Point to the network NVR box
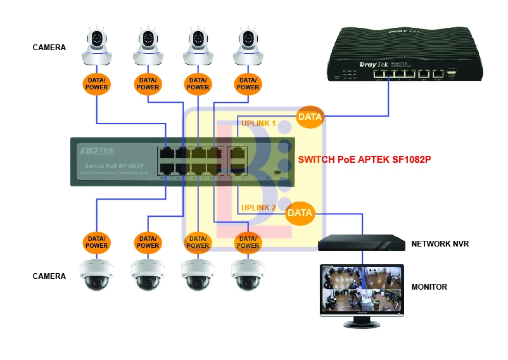(362, 242)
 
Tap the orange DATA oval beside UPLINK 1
(310, 117)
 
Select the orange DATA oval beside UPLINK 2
(300, 213)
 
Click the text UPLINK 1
(259, 124)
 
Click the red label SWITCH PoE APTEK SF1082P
(364, 159)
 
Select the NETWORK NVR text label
(440, 243)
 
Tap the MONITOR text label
(429, 287)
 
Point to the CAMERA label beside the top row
(49, 47)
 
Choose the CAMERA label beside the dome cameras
(49, 276)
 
